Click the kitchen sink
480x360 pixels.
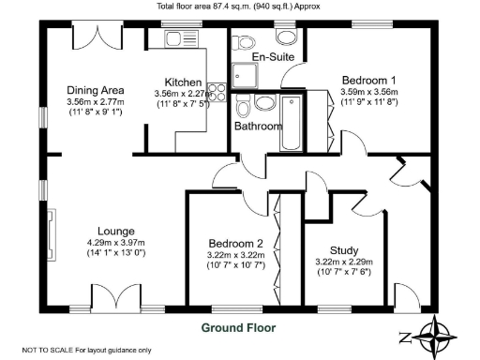(x=175, y=40)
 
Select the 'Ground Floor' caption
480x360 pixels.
(x=238, y=328)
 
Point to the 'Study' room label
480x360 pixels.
(x=343, y=249)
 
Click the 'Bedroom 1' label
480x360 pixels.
(x=368, y=80)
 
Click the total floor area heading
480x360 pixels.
(x=239, y=7)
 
